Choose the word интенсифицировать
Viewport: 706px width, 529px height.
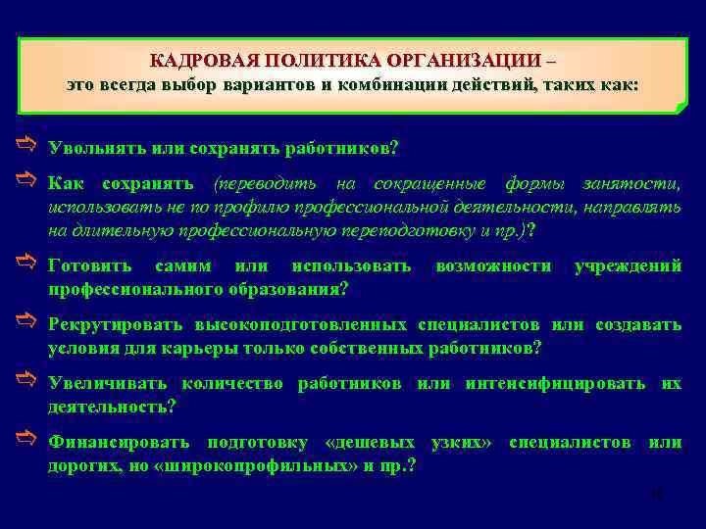[555, 383]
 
